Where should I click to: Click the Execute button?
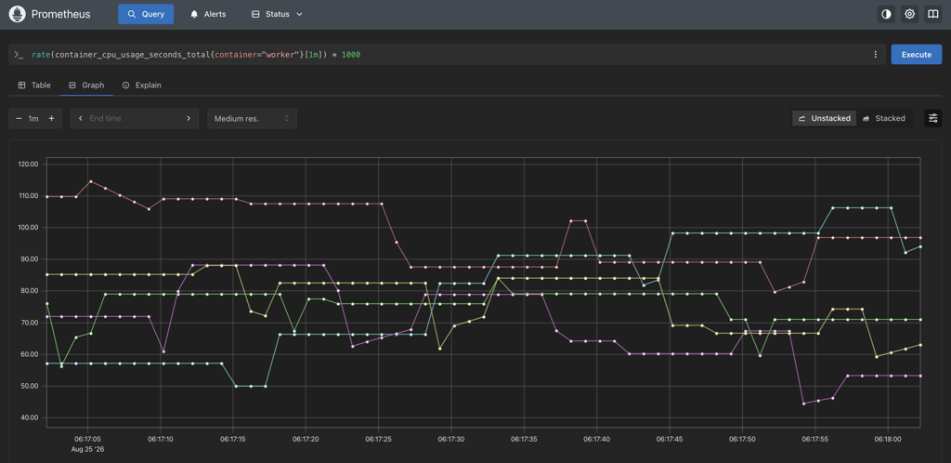click(x=916, y=55)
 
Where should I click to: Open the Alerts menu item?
click(x=208, y=14)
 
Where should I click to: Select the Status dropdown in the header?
click(x=277, y=14)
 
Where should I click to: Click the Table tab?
click(x=34, y=86)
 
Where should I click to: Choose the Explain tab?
click(x=142, y=86)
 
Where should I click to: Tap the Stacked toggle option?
click(x=884, y=118)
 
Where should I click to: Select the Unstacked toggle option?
click(x=825, y=118)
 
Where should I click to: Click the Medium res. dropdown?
click(x=252, y=118)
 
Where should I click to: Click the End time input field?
click(x=135, y=118)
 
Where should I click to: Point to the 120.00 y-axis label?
click(x=29, y=164)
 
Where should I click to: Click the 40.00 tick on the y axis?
click(x=29, y=417)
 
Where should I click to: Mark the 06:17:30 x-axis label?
click(x=451, y=438)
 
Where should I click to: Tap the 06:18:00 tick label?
click(x=888, y=438)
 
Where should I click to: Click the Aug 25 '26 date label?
click(x=88, y=449)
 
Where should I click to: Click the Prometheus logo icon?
click(x=17, y=14)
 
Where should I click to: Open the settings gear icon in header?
click(x=909, y=14)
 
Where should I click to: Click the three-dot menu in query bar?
click(x=875, y=55)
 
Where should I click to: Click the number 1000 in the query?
click(x=350, y=55)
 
